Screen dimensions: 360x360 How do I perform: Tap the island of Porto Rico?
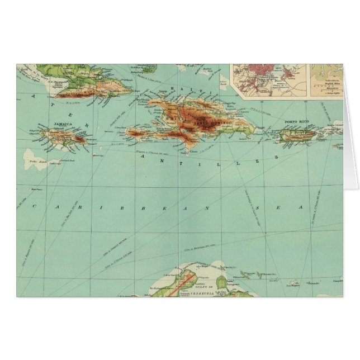coord(296,135)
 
